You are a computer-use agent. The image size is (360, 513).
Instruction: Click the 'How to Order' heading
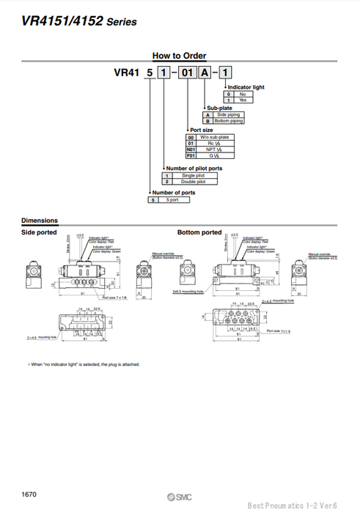click(179, 56)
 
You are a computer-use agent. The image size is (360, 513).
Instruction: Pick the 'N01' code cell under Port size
click(192, 149)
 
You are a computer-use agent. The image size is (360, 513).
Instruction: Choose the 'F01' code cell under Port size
click(192, 155)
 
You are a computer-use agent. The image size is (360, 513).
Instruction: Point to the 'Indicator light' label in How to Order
click(246, 87)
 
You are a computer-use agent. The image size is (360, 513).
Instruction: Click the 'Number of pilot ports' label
click(194, 169)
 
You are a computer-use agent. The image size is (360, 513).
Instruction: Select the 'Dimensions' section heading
click(40, 221)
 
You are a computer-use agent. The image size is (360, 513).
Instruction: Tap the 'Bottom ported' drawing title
click(199, 232)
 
